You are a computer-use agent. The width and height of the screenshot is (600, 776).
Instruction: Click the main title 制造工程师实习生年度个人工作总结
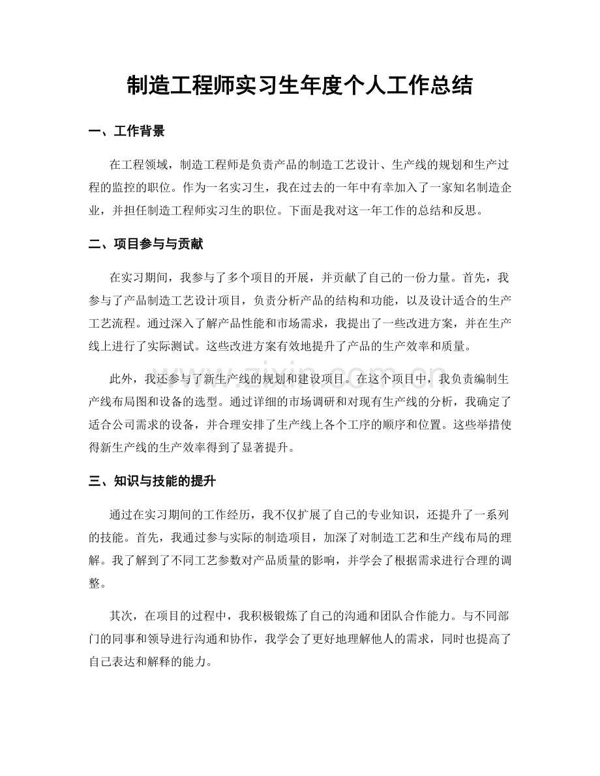point(299,85)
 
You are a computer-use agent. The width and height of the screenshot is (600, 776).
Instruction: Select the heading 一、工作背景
point(127,132)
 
